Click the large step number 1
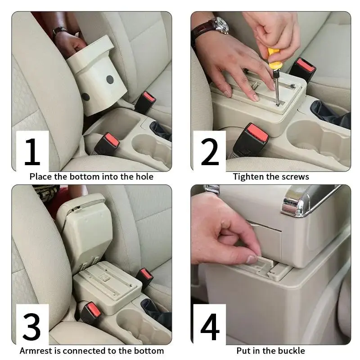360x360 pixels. click(32, 152)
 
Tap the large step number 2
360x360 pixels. click(210, 152)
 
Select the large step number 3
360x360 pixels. click(31, 327)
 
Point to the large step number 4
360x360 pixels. click(210, 327)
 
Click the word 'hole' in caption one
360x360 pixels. click(144, 176)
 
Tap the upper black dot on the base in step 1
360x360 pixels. click(110, 80)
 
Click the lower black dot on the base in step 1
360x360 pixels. click(85, 97)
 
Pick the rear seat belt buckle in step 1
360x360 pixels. click(145, 103)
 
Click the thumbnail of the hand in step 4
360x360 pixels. click(252, 259)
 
